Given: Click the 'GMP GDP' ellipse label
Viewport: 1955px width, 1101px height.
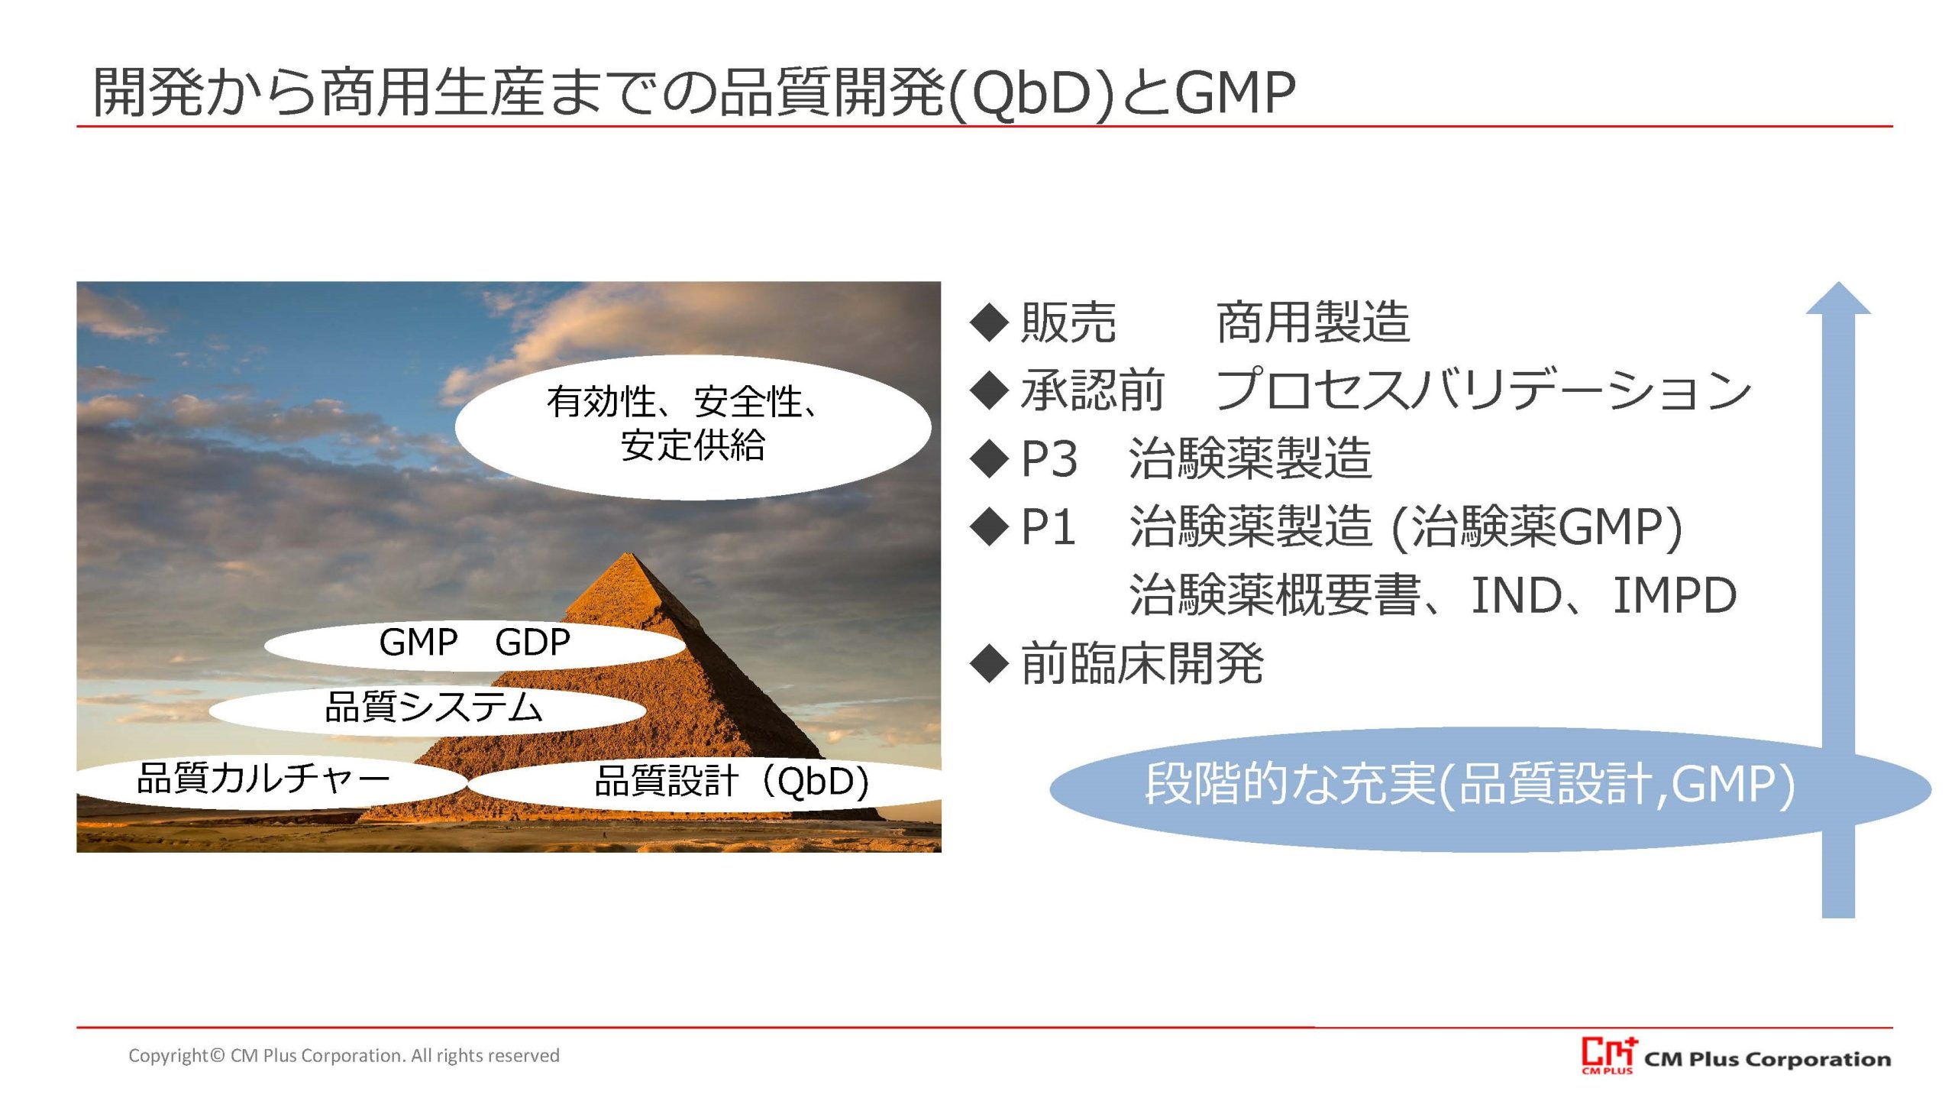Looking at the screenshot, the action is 474,643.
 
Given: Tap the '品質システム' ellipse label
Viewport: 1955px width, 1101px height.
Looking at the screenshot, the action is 428,708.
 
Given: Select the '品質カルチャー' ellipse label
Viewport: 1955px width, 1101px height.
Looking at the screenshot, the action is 271,779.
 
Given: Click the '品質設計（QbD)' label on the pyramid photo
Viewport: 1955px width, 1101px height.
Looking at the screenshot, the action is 732,782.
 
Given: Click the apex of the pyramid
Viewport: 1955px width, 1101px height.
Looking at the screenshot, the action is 629,553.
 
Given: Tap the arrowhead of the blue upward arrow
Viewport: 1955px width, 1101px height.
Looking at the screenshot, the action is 1838,298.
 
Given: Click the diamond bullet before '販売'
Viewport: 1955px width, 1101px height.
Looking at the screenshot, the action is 990,322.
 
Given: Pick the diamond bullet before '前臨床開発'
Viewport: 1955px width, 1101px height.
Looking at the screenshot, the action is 990,663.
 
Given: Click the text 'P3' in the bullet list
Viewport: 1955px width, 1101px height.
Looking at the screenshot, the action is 1049,459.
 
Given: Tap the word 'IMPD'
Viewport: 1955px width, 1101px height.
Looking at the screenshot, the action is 1674,595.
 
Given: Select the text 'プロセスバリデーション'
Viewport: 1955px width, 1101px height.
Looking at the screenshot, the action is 1483,390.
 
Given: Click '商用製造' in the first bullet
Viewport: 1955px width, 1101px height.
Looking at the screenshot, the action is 1313,322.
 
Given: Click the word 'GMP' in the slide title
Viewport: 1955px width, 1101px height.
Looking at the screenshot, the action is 1235,92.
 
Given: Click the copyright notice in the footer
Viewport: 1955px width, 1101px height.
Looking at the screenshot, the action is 344,1055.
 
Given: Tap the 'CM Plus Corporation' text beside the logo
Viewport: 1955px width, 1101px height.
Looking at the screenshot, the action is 1767,1059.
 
